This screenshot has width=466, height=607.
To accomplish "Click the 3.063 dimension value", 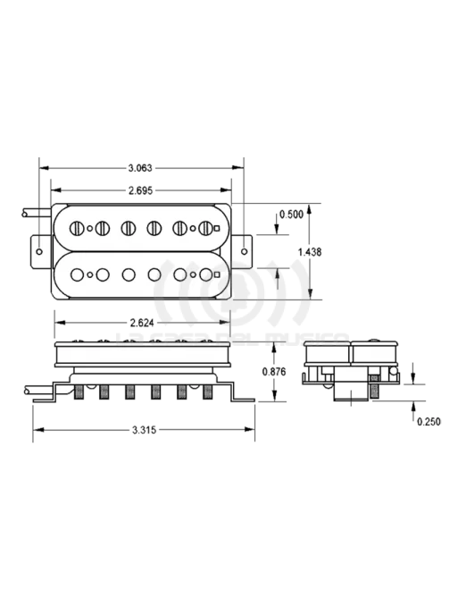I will pyautogui.click(x=140, y=168).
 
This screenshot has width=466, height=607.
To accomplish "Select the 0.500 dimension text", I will pyautogui.click(x=291, y=215).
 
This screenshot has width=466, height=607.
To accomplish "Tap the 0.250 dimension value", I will pyautogui.click(x=429, y=421).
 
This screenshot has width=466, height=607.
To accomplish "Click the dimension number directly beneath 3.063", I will pyautogui.click(x=140, y=190).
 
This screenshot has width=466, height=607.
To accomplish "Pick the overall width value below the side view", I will pyautogui.click(x=144, y=430).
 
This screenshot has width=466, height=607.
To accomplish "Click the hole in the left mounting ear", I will pyautogui.click(x=40, y=252).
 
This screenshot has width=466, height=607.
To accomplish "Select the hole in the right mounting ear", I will pyautogui.click(x=241, y=252).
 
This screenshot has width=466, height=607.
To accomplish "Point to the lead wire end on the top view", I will pyautogui.click(x=25, y=213).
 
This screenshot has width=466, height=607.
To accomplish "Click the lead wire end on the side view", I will pyautogui.click(x=25, y=391).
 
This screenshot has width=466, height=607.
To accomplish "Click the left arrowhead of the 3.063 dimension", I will pyautogui.click(x=43, y=168).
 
